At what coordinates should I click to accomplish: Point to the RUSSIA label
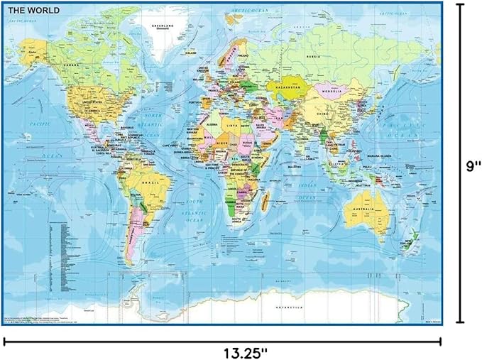pyautogui.click(x=310, y=55)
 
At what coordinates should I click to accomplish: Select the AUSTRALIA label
pyautogui.click(x=365, y=210)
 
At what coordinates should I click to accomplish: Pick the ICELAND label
pyautogui.click(x=190, y=53)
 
